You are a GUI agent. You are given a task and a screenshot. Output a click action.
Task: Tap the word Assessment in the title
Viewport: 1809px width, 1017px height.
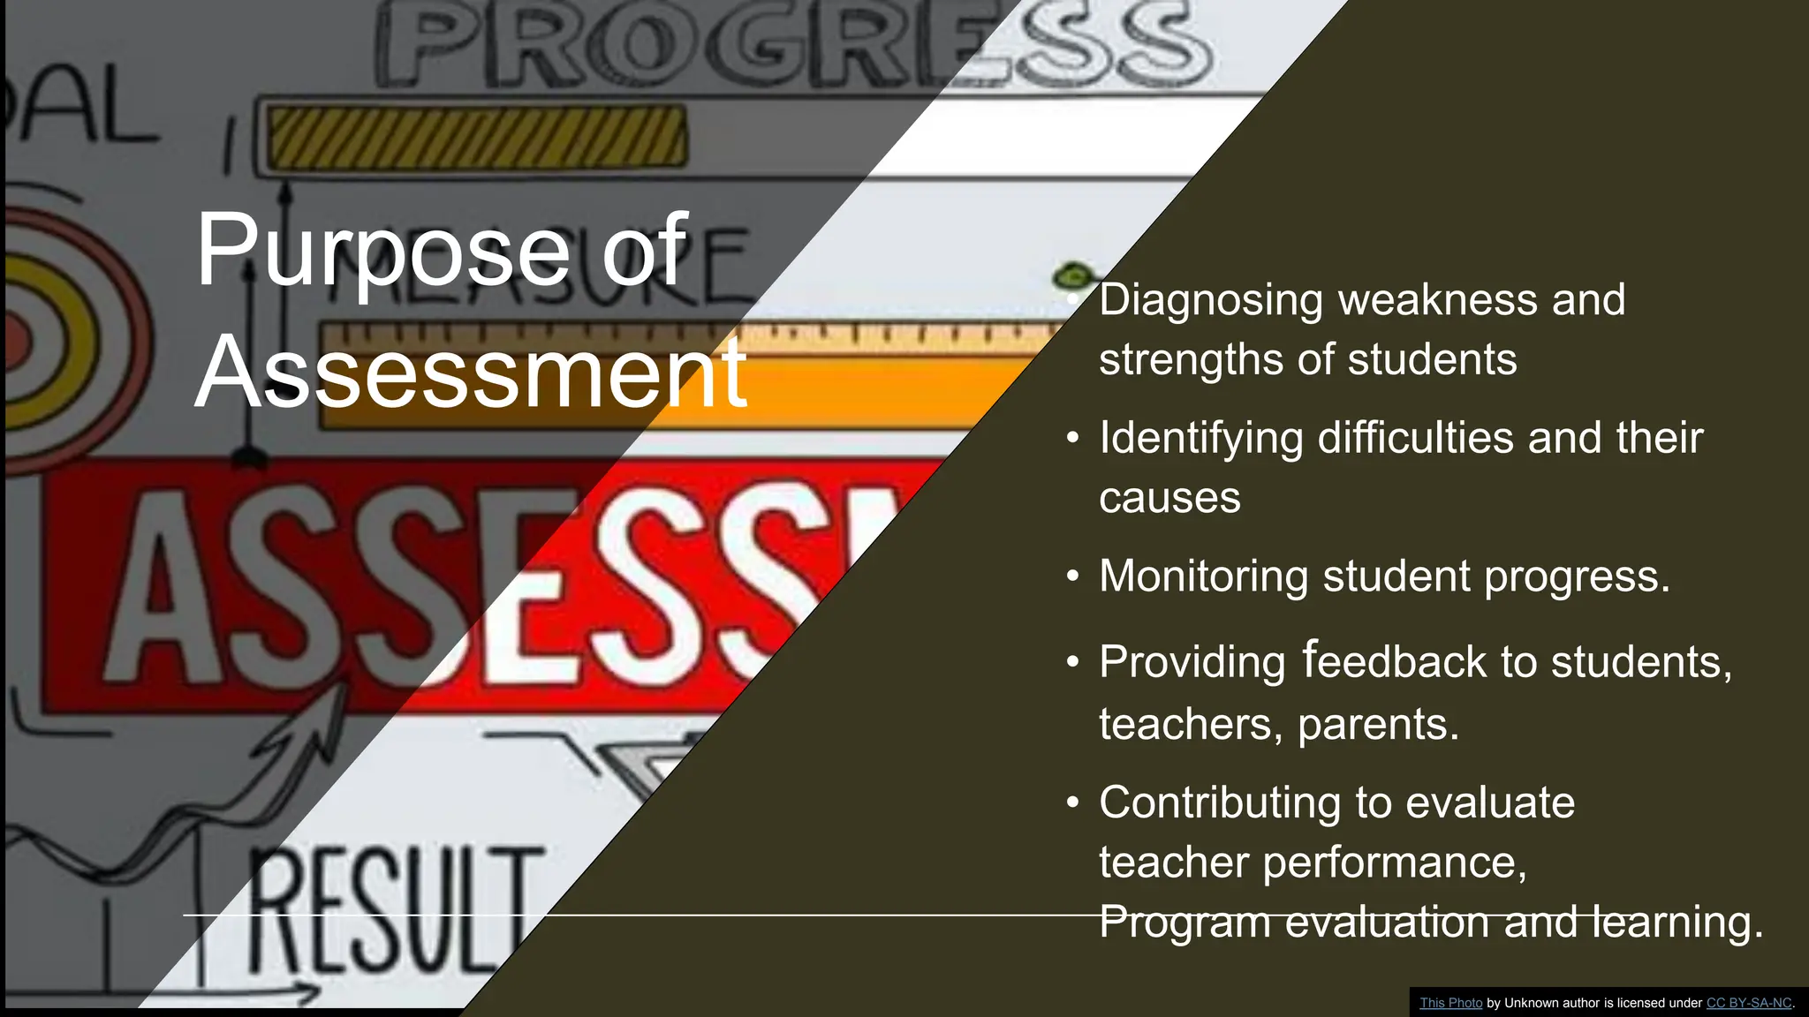pos(471,373)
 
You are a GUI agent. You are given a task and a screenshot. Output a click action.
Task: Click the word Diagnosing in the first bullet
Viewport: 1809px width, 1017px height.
pos(1210,300)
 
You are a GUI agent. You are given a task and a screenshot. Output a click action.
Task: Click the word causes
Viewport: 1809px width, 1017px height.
pos(1169,498)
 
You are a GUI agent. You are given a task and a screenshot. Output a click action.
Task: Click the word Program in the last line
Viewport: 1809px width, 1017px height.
pos(1185,923)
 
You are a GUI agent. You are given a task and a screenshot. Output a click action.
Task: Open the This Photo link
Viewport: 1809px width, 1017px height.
pos(1450,1003)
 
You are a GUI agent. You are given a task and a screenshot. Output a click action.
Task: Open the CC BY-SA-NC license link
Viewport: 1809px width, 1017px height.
pos(1748,1003)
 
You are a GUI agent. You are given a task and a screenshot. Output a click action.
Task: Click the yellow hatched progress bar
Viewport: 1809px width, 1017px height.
pos(477,137)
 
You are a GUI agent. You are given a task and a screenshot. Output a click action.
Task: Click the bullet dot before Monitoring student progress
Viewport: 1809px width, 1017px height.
pos(1072,576)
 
